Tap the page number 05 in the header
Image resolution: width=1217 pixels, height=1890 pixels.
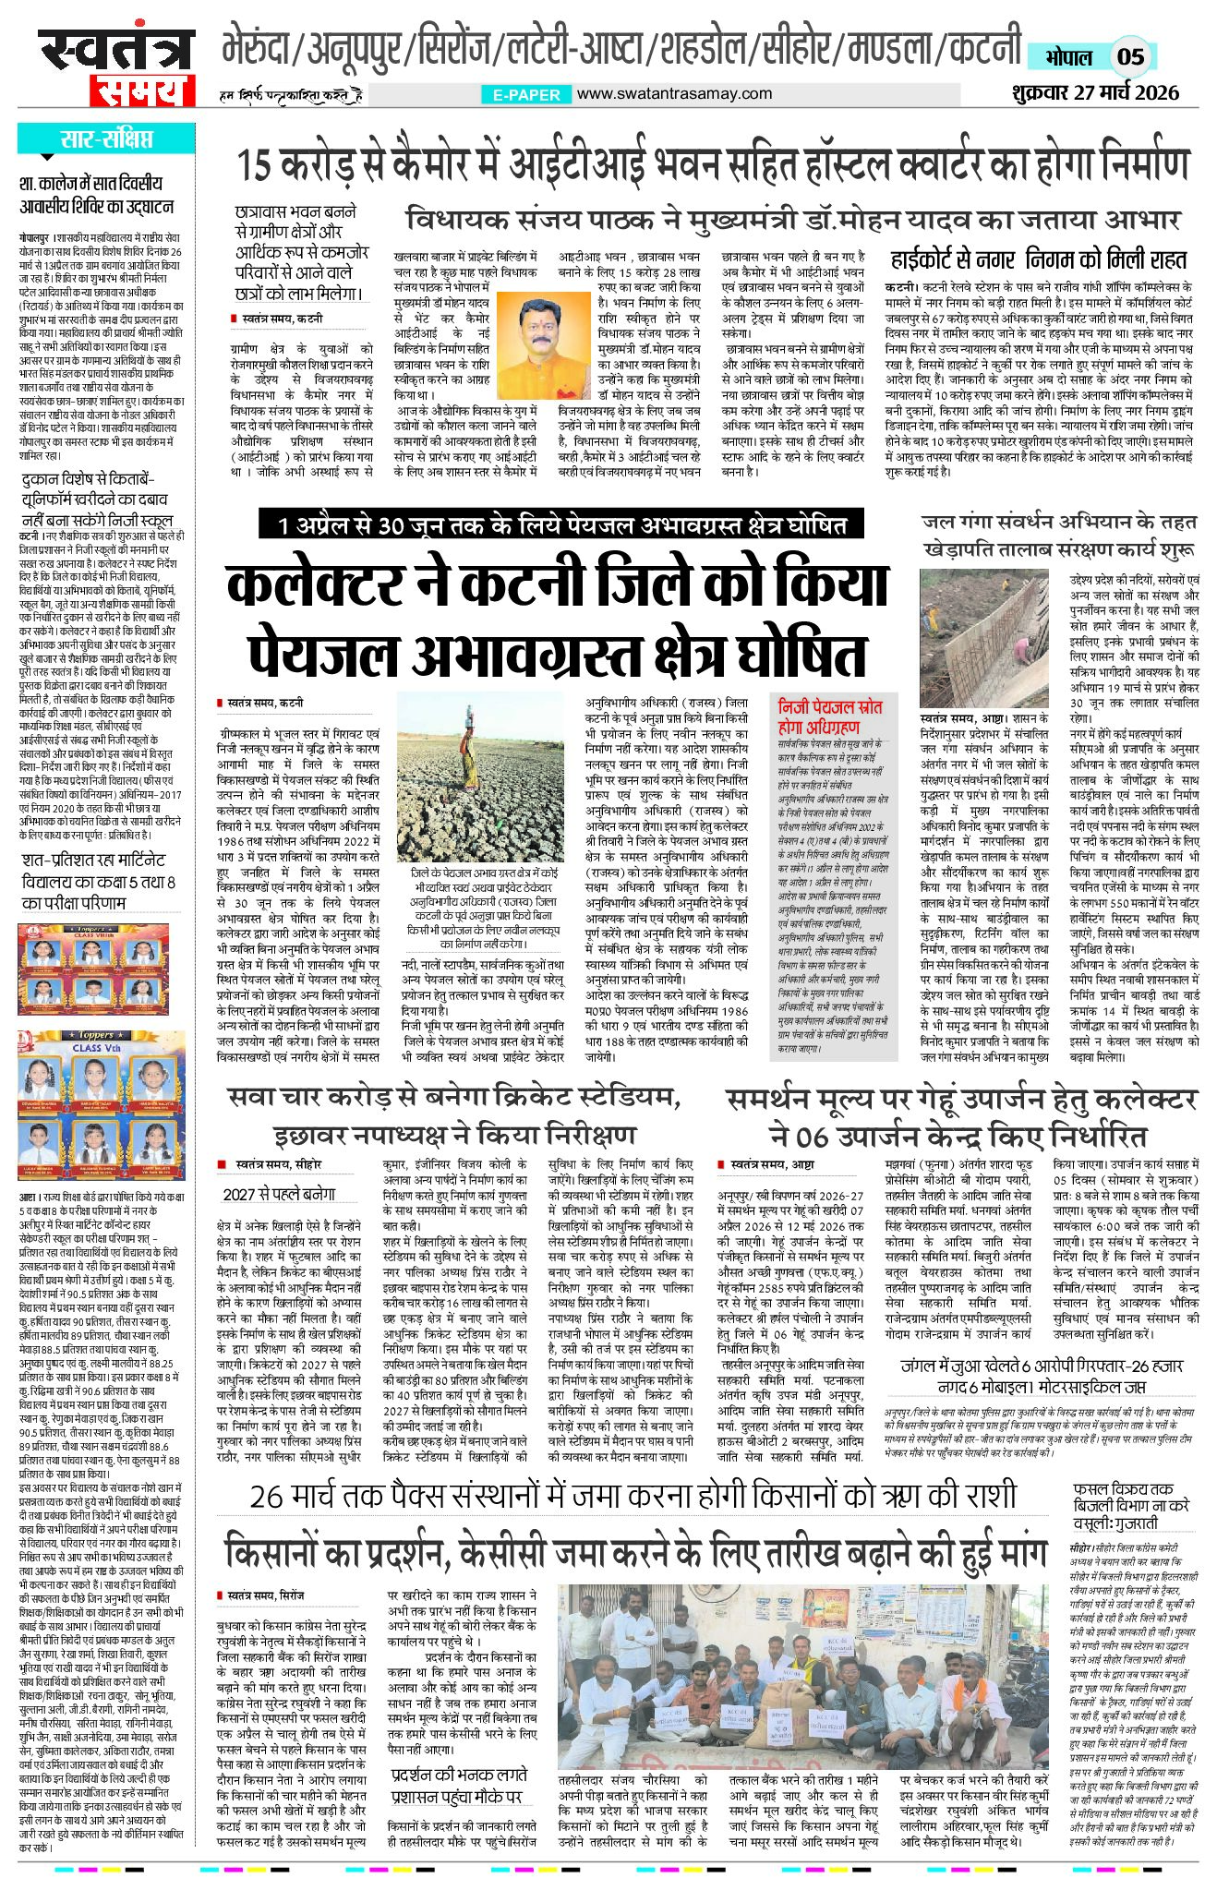(1130, 57)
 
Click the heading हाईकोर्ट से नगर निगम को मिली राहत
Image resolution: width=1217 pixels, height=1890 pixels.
(1038, 259)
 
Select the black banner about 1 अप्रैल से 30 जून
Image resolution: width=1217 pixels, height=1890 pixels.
(560, 525)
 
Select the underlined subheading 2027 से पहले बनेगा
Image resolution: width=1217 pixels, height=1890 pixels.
(279, 1194)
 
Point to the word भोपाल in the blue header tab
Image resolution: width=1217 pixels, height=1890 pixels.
(1069, 57)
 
